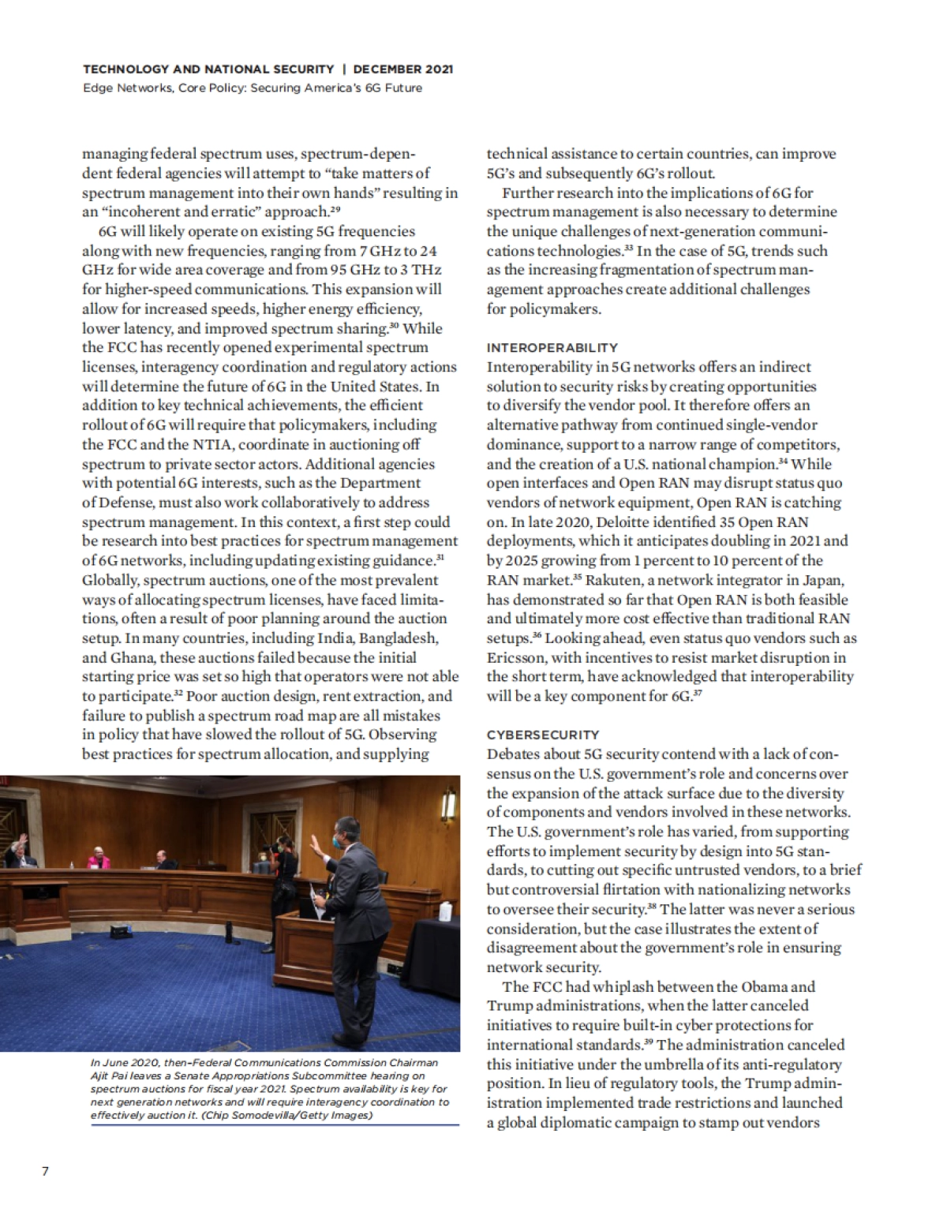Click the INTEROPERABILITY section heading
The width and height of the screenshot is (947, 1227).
click(x=552, y=347)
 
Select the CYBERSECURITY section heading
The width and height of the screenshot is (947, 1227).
click(x=543, y=735)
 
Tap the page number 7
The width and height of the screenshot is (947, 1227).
click(x=45, y=1170)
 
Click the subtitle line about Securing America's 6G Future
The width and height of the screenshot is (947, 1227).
click(x=253, y=88)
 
